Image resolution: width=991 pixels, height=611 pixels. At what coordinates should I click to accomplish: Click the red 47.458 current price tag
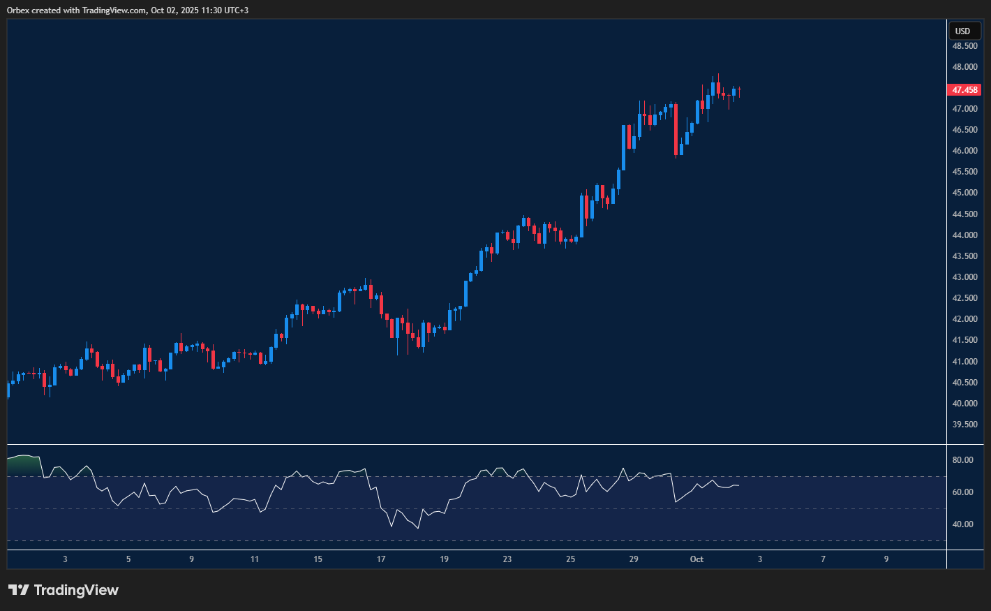(x=964, y=90)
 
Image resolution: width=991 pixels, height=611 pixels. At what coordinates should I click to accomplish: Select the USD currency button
(x=963, y=31)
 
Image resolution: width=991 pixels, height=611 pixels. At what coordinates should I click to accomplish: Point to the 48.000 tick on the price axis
(x=964, y=67)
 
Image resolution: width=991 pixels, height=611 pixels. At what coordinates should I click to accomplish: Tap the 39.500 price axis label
(x=964, y=425)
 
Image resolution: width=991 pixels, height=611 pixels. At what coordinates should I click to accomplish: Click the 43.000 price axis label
(x=964, y=277)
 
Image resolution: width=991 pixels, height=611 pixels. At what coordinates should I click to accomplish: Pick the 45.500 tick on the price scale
(x=964, y=172)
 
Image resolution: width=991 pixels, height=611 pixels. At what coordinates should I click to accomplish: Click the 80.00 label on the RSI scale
(x=963, y=460)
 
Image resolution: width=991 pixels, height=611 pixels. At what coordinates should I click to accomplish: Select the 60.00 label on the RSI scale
(x=963, y=492)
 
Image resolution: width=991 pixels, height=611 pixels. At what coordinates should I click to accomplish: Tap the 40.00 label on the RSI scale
(x=963, y=524)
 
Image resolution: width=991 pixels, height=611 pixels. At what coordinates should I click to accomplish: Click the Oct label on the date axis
(x=696, y=559)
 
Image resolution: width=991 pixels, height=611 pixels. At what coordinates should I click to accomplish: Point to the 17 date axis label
(x=381, y=559)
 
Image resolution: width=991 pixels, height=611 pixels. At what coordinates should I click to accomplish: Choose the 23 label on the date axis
(x=507, y=559)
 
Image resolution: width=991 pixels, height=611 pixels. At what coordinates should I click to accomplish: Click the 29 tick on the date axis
(x=634, y=559)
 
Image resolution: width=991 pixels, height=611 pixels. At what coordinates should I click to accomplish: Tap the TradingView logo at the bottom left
(x=64, y=590)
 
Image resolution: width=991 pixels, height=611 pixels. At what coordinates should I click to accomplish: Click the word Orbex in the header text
(x=18, y=10)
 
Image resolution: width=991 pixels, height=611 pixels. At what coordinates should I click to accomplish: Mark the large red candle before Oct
(x=676, y=129)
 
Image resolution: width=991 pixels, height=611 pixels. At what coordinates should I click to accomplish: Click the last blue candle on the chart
(x=734, y=91)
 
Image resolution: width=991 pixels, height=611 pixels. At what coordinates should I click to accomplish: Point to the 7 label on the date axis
(x=823, y=559)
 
